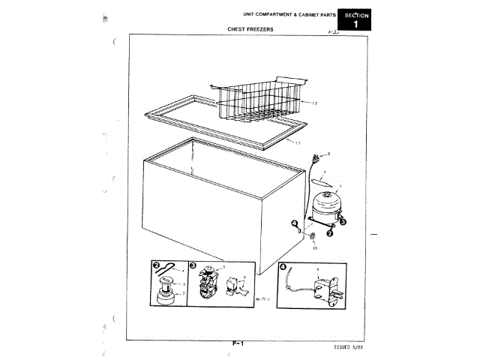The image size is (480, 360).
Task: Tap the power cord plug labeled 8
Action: (x=316, y=157)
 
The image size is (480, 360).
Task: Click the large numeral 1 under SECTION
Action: (x=355, y=25)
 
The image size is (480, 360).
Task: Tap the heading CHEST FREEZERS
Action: (x=250, y=29)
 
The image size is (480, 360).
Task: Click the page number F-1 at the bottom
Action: (x=239, y=343)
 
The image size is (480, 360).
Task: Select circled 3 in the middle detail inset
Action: (x=193, y=265)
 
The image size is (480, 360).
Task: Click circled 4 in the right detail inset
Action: (x=282, y=265)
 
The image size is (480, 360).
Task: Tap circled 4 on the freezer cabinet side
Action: (x=295, y=223)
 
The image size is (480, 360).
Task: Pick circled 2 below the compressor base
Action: (x=329, y=234)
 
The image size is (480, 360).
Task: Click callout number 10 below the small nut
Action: (x=313, y=247)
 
